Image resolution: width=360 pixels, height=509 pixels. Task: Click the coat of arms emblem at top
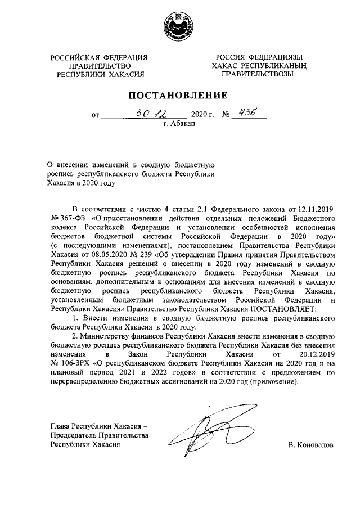click(180, 25)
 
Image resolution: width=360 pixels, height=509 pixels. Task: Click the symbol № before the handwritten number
click(227, 115)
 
